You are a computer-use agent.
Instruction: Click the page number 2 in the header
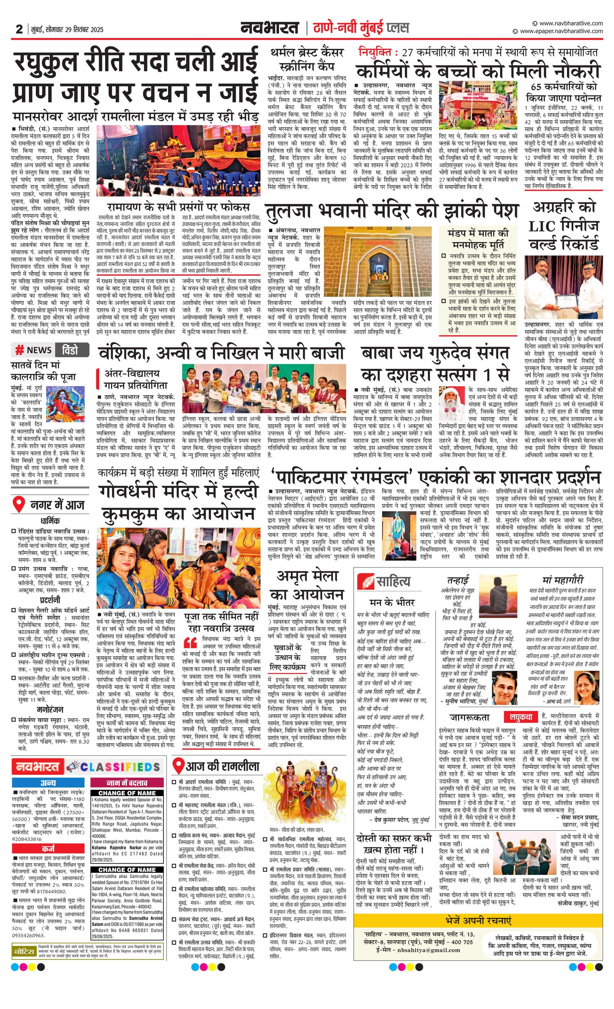tap(19, 29)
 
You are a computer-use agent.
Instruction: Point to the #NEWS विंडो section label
tap(50, 350)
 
